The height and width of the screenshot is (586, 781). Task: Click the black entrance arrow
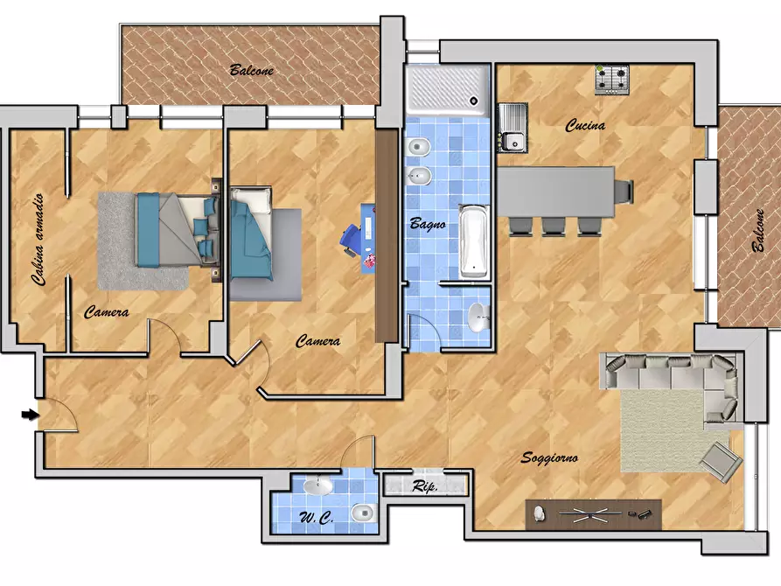coord(30,414)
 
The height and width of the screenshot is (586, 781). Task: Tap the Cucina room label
coord(585,125)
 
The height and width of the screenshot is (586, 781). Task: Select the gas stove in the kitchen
coord(612,80)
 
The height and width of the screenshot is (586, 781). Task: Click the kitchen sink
coord(513,127)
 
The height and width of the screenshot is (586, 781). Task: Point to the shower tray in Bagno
coord(447,90)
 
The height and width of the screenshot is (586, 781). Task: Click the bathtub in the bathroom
coord(473,241)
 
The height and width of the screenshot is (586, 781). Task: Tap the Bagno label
coord(428,224)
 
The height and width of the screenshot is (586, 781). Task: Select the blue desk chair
coord(352,240)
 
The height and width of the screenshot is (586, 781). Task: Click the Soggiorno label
coord(549,457)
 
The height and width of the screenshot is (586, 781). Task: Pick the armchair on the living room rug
coord(722,462)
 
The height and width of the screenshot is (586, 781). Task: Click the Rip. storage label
coord(425,485)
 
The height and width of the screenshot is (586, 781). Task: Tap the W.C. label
coord(317,518)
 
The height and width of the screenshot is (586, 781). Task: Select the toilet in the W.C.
coord(364,513)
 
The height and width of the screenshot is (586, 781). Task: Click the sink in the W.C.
coord(317,485)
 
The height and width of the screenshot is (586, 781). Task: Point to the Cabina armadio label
coord(38,240)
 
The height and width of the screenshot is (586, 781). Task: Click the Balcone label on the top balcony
coord(252,70)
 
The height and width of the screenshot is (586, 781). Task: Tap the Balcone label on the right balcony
coord(758,230)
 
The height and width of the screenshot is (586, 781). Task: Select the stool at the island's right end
coord(624,192)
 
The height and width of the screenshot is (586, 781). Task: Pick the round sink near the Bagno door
coord(479,317)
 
